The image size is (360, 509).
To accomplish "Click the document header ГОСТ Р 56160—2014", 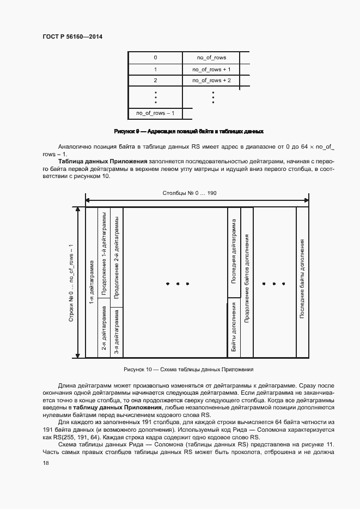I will tap(72, 37).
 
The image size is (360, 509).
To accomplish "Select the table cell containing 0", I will tap(155, 57).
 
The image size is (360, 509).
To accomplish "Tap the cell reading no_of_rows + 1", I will tap(212, 69).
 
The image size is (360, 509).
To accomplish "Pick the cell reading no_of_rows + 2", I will tap(212, 81).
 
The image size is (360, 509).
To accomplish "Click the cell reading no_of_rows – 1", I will tap(155, 113).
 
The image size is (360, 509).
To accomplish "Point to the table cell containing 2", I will tap(155, 81).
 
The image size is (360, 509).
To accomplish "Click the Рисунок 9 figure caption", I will tap(188, 131).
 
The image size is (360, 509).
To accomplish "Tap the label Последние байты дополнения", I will tap(301, 279).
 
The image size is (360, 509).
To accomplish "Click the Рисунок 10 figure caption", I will tap(188, 370).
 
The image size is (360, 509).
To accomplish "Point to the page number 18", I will tap(45, 463).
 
